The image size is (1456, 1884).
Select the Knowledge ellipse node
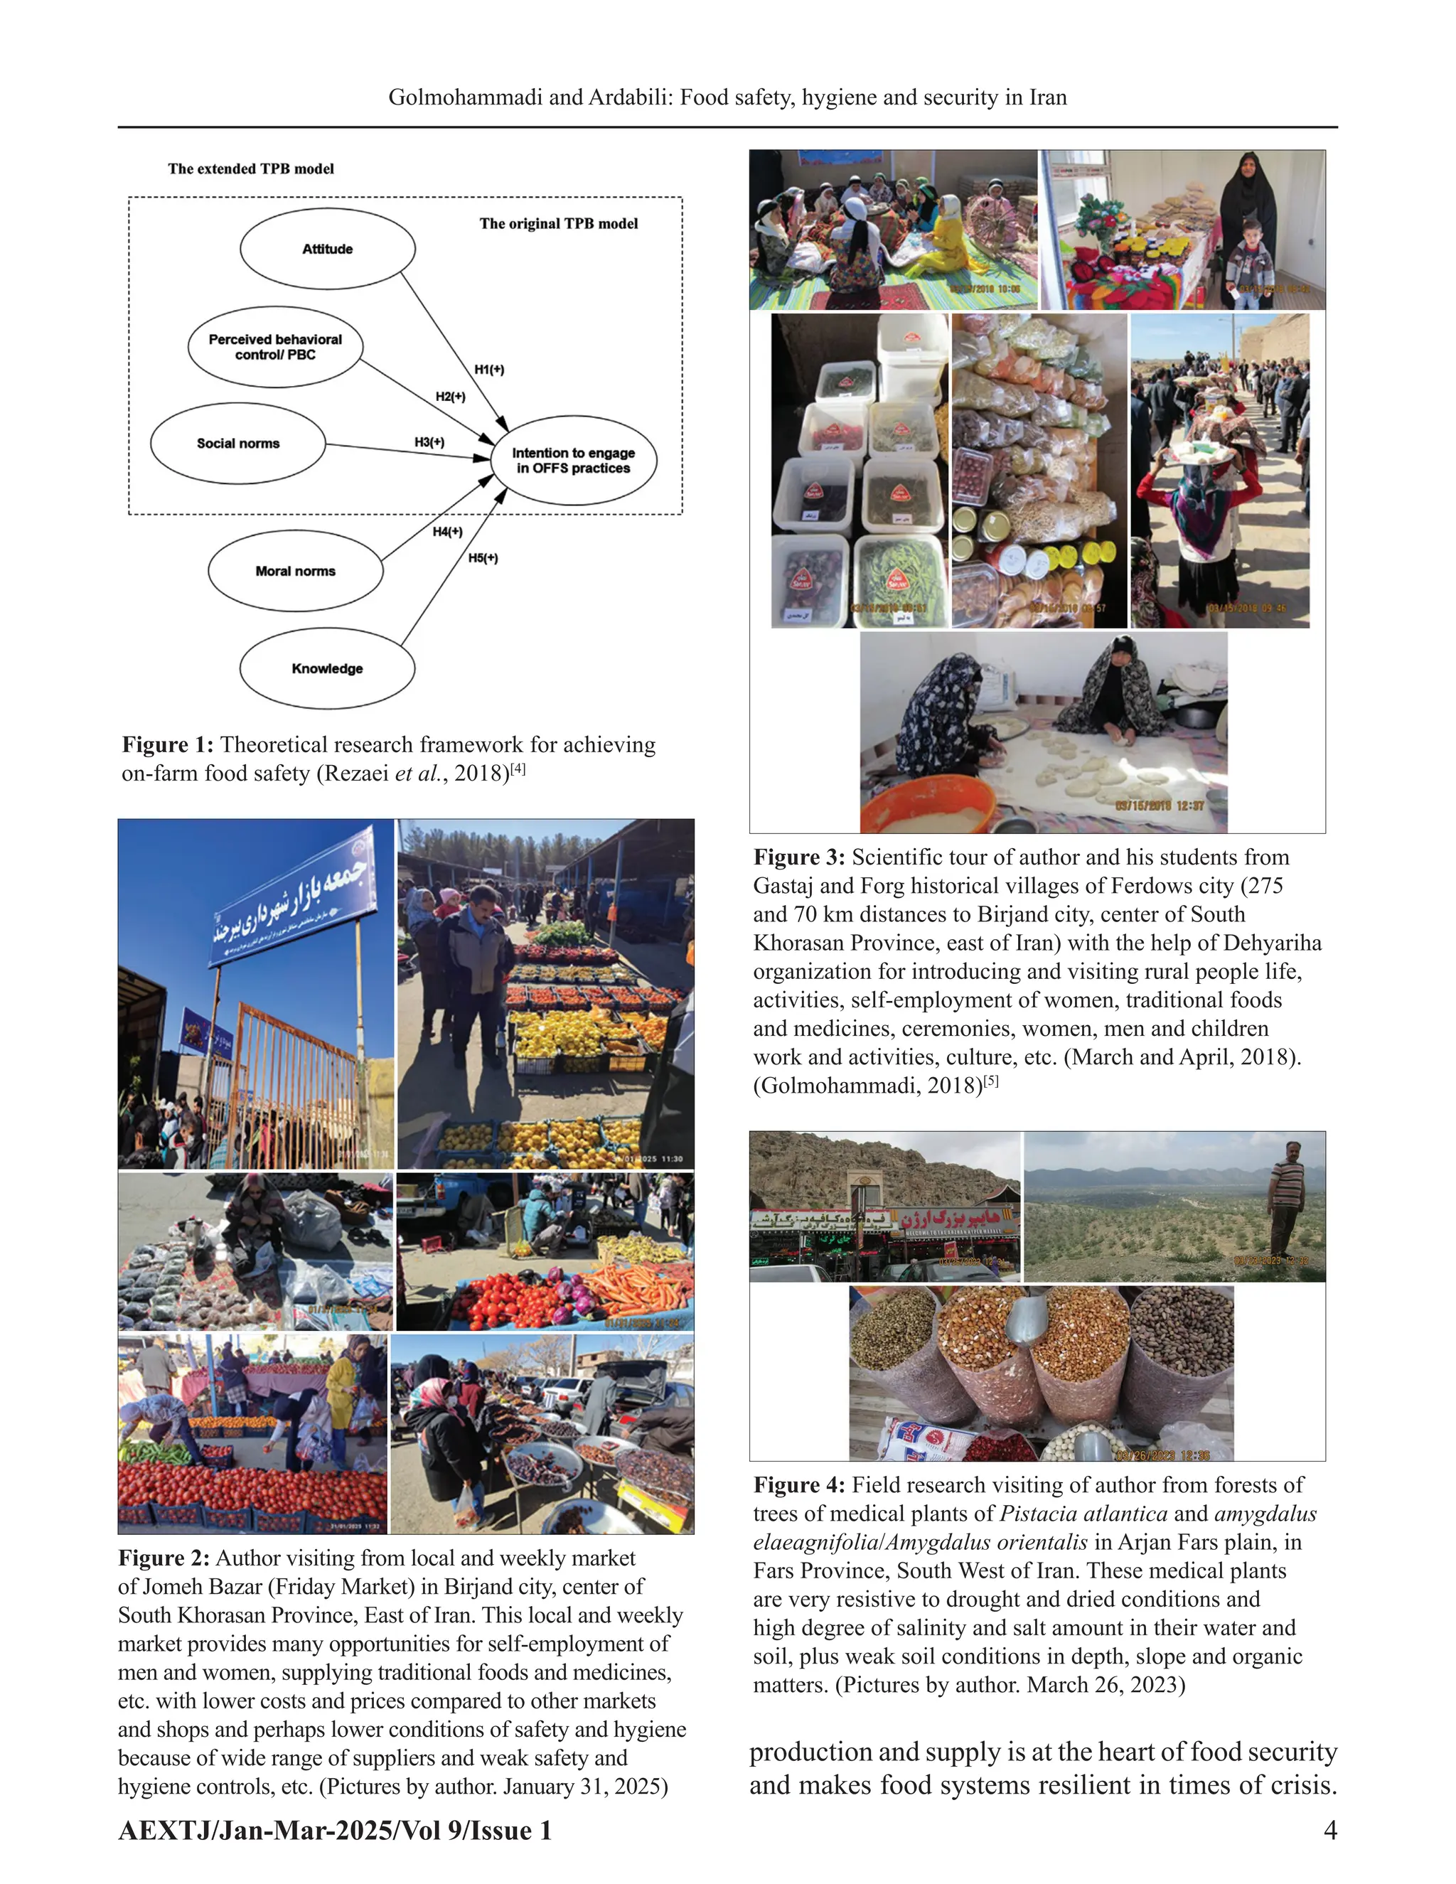[x=327, y=668]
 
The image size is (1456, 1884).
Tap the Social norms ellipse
[x=238, y=444]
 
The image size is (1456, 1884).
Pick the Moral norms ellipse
[x=295, y=571]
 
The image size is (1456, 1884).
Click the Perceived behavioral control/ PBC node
[x=275, y=347]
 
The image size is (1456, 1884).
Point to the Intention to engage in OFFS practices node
[x=574, y=461]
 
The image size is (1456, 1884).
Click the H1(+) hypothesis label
[x=489, y=369]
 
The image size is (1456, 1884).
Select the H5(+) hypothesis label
[x=483, y=558]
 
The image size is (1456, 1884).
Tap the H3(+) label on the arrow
[x=429, y=441]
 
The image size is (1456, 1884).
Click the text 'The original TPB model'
[x=558, y=223]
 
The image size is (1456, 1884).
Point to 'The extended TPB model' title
[x=251, y=169]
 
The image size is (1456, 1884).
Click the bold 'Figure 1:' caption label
[x=167, y=745]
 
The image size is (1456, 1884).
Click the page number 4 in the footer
[x=1330, y=1830]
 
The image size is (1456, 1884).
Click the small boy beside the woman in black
[x=1248, y=263]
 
